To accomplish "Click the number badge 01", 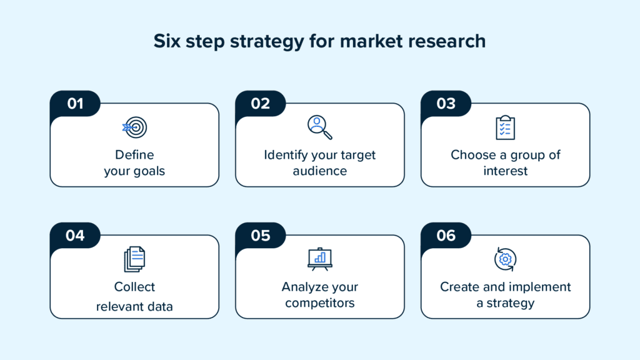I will (75, 104).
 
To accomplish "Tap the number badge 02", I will (261, 104).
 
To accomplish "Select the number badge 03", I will (446, 104).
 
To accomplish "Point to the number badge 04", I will (75, 236).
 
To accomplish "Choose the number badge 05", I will (261, 236).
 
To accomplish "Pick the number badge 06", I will (446, 236).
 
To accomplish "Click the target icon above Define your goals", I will (134, 127).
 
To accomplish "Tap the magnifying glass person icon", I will (319, 127).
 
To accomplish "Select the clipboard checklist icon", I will (505, 127).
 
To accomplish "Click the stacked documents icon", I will (134, 259).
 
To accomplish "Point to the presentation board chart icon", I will (320, 259).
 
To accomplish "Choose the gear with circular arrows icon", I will (505, 259).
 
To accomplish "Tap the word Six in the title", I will (169, 41).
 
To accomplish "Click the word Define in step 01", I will (134, 154).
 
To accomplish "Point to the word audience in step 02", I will (320, 171).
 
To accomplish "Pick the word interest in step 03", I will (505, 171).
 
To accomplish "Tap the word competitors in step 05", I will (320, 303).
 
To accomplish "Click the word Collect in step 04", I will (134, 287).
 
